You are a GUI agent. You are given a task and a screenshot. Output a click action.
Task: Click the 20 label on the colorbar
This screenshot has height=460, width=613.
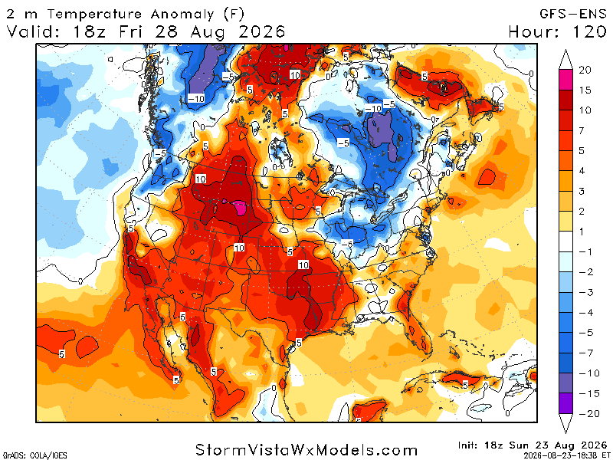pyautogui.click(x=585, y=70)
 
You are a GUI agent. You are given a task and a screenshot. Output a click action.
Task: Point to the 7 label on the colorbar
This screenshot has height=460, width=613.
pyautogui.click(x=582, y=130)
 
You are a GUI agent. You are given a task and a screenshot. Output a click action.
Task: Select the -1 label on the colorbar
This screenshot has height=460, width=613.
pyautogui.click(x=586, y=251)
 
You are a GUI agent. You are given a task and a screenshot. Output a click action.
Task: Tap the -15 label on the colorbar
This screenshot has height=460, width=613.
pyautogui.click(x=589, y=393)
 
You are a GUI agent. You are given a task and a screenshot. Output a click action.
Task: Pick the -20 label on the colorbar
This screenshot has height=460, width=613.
pyautogui.click(x=589, y=413)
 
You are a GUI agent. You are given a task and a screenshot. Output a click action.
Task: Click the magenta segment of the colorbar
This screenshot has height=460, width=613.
pyautogui.click(x=565, y=80)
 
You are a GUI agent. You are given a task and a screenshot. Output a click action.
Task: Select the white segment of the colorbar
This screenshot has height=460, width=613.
pyautogui.click(x=565, y=242)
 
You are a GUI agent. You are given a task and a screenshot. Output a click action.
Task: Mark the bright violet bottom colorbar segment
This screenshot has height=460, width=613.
pyautogui.click(x=565, y=403)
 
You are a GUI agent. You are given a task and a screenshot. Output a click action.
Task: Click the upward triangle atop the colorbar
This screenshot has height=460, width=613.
pyautogui.click(x=565, y=60)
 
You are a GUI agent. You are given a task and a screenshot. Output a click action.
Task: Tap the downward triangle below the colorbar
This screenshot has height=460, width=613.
pyautogui.click(x=565, y=424)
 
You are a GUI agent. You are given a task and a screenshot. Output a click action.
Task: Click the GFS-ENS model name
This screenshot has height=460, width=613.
pyautogui.click(x=572, y=14)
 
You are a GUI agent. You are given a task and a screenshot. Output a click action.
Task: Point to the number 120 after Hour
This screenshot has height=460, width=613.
pyautogui.click(x=589, y=31)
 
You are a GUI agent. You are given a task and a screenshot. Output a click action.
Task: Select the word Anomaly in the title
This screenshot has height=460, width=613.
pyautogui.click(x=182, y=15)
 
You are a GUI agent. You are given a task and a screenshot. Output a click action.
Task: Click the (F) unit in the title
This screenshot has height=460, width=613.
pyautogui.click(x=234, y=14)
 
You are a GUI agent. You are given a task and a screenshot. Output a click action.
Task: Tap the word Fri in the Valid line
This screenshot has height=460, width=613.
pyautogui.click(x=130, y=31)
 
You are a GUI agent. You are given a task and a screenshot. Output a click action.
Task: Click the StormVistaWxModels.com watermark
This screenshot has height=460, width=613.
pyautogui.click(x=306, y=450)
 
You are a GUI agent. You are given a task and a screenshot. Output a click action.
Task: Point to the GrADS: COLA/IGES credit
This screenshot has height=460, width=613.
pyautogui.click(x=34, y=455)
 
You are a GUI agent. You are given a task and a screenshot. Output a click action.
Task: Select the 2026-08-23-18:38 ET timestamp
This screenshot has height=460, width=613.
pyautogui.click(x=565, y=455)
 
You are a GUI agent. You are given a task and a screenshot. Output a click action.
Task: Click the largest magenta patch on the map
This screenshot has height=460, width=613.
pyautogui.click(x=239, y=207)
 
